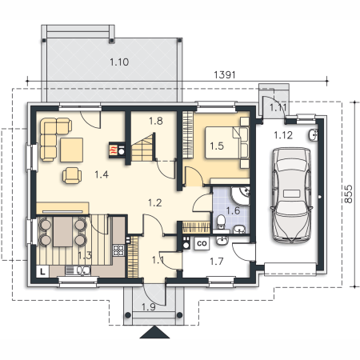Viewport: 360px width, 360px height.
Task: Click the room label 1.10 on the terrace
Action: (119, 62)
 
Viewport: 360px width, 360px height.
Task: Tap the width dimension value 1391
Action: (225, 75)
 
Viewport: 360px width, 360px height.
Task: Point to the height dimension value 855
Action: (348, 194)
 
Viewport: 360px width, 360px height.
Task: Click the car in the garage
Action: (291, 195)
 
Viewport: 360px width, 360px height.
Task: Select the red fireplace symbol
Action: (114, 150)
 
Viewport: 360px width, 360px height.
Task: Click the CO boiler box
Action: (202, 243)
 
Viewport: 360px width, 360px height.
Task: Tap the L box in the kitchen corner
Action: (42, 272)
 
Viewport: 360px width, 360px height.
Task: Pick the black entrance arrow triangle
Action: (154, 332)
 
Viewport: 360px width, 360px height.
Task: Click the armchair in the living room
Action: (72, 175)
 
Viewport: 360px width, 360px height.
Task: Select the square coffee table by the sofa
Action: (71, 150)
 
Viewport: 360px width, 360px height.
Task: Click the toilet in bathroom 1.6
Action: (221, 222)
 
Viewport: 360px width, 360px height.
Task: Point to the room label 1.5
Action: (217, 146)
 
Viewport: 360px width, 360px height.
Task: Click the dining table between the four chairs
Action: (63, 231)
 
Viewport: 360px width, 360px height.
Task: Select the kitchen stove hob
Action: (118, 250)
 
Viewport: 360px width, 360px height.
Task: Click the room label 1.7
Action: (216, 262)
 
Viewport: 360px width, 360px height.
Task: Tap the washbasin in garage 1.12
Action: (314, 134)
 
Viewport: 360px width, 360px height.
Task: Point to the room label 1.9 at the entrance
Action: (149, 307)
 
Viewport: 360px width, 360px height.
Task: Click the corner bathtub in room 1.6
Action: (240, 196)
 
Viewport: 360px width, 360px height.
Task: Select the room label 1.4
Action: (102, 174)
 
